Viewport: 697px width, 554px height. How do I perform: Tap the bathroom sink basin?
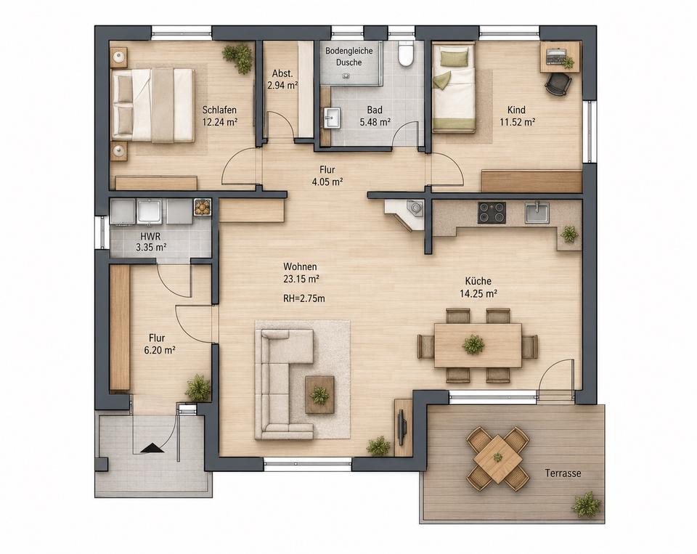click(x=332, y=118)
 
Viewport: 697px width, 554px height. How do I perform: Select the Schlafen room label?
click(x=219, y=110)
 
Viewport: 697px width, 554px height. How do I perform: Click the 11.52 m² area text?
click(x=517, y=121)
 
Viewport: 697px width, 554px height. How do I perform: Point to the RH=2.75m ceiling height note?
click(x=304, y=298)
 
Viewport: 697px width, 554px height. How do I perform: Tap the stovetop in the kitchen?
click(x=492, y=213)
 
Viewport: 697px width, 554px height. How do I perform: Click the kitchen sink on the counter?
click(x=537, y=212)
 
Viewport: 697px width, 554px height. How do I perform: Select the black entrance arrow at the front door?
click(x=152, y=448)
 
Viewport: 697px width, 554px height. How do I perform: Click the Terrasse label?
click(x=563, y=473)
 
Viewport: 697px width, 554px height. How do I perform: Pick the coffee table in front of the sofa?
click(x=319, y=395)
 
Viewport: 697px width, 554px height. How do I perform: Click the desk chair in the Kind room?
click(x=558, y=83)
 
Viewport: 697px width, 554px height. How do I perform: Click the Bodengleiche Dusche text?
click(x=349, y=57)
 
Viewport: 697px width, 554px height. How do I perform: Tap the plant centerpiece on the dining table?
click(x=473, y=344)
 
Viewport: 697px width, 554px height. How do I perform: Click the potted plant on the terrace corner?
click(x=586, y=504)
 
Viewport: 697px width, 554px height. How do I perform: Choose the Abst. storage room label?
click(x=282, y=73)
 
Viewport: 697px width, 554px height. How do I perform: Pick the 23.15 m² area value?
click(x=301, y=279)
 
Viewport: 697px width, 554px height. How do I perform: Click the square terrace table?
click(x=497, y=458)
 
